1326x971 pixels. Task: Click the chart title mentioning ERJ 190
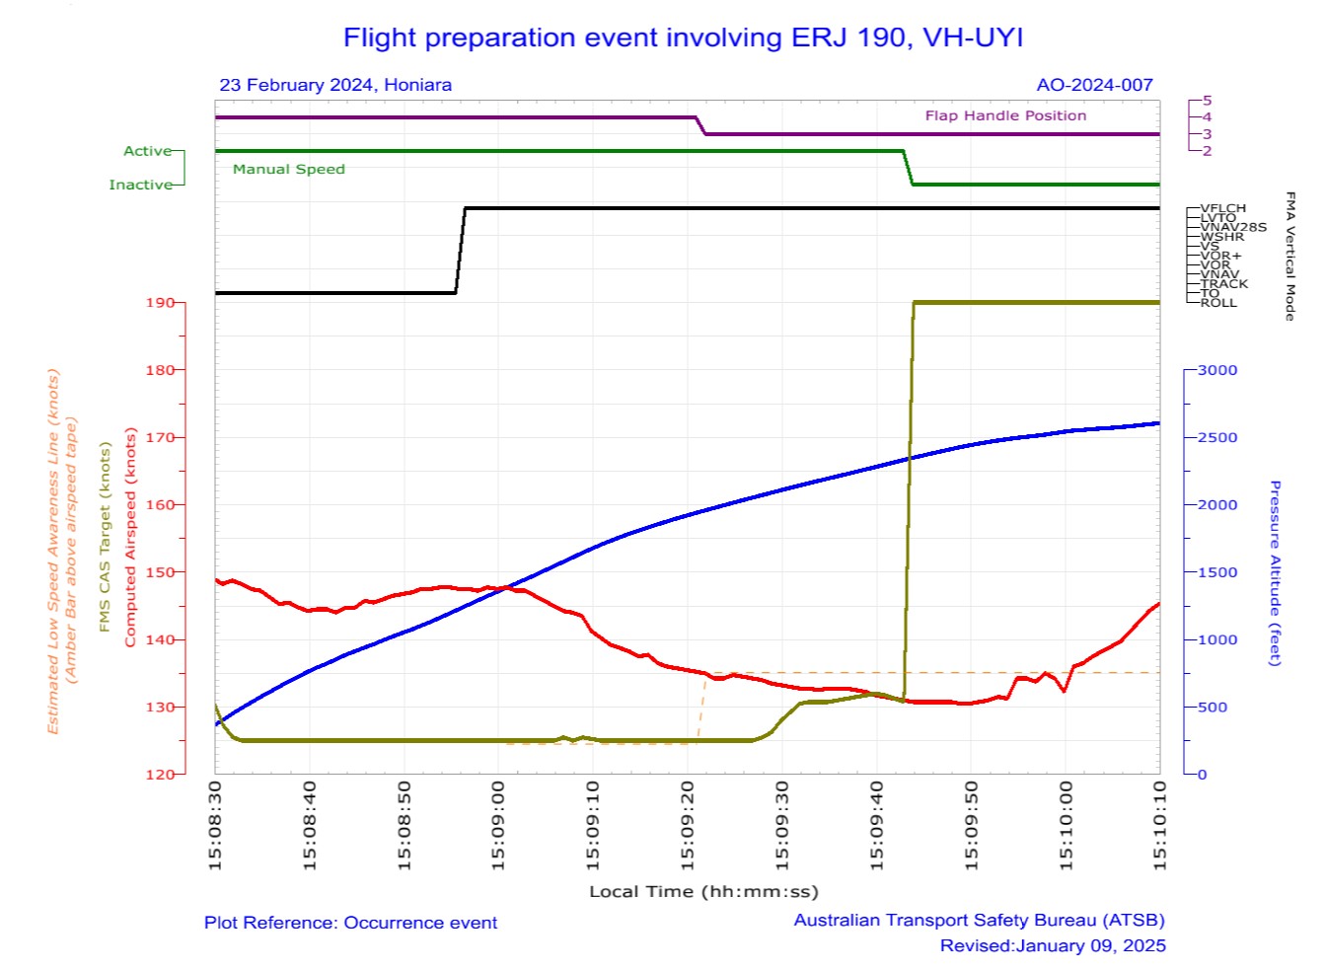(x=683, y=37)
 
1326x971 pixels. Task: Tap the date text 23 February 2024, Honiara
(x=335, y=85)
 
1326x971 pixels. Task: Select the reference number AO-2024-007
(x=1094, y=85)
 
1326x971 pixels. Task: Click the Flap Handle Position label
(x=1005, y=115)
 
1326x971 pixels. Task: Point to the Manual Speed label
(x=288, y=169)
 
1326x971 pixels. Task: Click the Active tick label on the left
(x=147, y=151)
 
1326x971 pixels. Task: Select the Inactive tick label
(x=140, y=185)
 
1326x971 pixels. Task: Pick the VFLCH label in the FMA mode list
(x=1222, y=208)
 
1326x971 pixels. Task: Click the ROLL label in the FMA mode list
(x=1217, y=303)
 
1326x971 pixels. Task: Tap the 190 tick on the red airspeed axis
(x=160, y=303)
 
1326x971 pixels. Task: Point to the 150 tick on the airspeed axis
(x=160, y=572)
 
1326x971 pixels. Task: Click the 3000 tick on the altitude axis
(x=1216, y=370)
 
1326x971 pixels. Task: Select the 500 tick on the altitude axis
(x=1213, y=708)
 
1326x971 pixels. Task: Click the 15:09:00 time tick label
(x=499, y=826)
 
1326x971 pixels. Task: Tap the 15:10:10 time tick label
(x=1160, y=826)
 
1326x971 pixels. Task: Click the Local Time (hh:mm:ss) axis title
(x=703, y=892)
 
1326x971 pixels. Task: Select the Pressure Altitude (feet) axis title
(x=1274, y=573)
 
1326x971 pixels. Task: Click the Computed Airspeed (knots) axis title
(x=130, y=538)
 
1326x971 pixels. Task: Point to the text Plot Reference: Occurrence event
(x=350, y=923)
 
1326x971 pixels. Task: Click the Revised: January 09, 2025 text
(x=1052, y=945)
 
